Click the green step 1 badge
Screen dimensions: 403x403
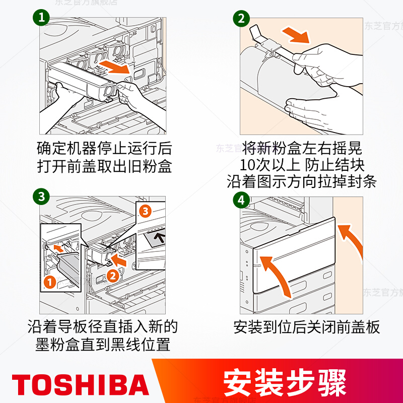tap(41, 17)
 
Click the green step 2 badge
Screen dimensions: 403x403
tap(241, 18)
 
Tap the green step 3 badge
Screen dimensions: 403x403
tap(41, 196)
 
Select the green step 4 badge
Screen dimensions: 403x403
tap(241, 200)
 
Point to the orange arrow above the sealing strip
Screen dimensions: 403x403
tap(296, 35)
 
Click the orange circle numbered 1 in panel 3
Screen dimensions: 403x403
tap(50, 282)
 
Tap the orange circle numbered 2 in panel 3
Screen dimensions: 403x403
tap(112, 276)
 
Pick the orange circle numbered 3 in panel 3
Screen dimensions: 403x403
tap(145, 211)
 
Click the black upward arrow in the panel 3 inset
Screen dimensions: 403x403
tap(161, 237)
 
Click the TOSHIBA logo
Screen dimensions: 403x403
tap(80, 384)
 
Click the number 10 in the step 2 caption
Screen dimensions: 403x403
tap(247, 165)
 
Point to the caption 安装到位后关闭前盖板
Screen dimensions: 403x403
tap(306, 327)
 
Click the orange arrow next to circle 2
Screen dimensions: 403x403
tap(118, 259)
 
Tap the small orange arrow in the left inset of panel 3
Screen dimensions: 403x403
tap(58, 248)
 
